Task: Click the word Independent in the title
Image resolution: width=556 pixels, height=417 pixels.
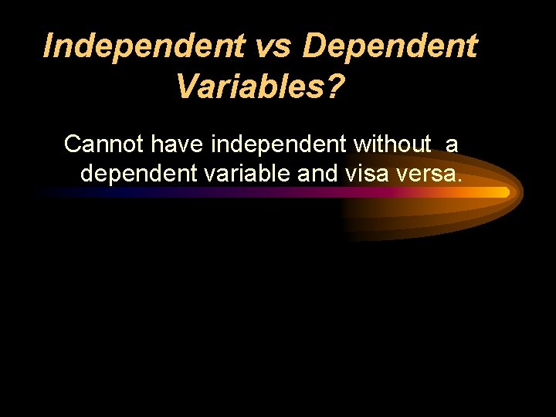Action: (144, 46)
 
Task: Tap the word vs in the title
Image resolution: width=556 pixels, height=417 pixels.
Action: (273, 46)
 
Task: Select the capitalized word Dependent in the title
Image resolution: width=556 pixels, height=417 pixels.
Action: (390, 46)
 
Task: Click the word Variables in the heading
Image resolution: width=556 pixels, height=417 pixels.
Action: (250, 86)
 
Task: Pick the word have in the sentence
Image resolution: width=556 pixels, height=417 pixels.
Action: (178, 144)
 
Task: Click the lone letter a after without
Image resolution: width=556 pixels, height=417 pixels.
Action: (452, 144)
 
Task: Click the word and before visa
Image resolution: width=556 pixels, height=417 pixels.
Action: (317, 174)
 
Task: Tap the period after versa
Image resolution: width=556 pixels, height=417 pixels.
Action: (459, 181)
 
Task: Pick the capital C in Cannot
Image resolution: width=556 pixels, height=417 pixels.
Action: (73, 144)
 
